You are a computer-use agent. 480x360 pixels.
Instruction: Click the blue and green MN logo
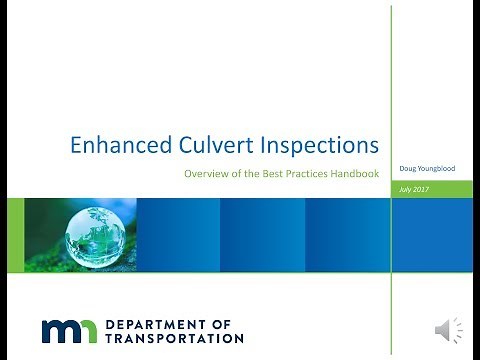tap(68, 331)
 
